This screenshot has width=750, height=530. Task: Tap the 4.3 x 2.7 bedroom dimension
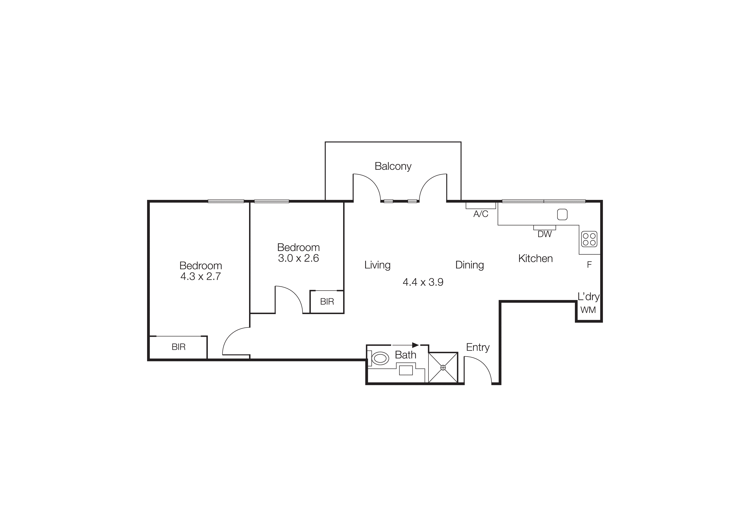pos(201,277)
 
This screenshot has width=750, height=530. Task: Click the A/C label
pos(481,214)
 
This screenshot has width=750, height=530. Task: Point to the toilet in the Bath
pos(380,359)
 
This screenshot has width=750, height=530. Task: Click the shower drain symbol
pos(443,368)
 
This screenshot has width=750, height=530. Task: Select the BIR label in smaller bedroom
pos(327,302)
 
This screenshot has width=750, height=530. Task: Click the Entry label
pos(478,347)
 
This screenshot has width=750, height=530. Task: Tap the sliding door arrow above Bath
pos(405,345)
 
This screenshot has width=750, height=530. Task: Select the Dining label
pos(469,265)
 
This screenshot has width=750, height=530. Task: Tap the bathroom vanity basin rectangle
pos(406,370)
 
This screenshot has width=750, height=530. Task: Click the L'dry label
pos(588,297)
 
